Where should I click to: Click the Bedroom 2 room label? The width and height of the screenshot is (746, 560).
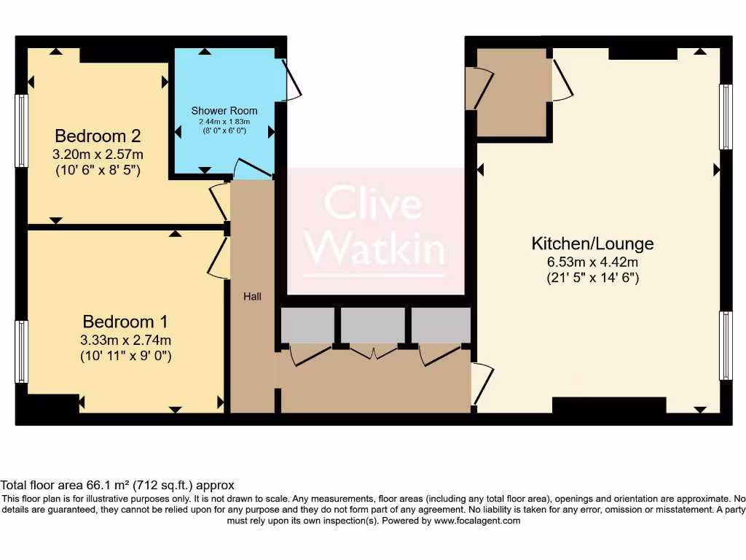pos(98,136)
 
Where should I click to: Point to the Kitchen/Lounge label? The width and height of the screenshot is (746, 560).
pos(592,244)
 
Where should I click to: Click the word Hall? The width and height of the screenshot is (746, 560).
pos(252,297)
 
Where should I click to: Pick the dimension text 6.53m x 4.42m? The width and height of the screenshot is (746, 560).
pos(592,262)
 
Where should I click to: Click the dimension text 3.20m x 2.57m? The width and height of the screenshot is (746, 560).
pos(98,155)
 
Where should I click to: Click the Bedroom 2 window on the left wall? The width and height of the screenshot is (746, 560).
pos(22,131)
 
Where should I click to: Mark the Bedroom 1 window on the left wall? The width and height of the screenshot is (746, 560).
pos(22,351)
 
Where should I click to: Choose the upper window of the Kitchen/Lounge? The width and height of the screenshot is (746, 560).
pos(726,117)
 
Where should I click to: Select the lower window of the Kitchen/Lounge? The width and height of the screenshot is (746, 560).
pos(726,345)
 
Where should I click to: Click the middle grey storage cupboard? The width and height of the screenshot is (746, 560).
pos(373,325)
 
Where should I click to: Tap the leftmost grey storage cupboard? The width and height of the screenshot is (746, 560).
pos(307,325)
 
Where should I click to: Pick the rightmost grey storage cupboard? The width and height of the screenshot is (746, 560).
pos(441,325)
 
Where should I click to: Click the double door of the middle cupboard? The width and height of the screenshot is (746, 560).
pos(373,353)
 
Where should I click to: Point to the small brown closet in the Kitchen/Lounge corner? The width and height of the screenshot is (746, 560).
pos(513,93)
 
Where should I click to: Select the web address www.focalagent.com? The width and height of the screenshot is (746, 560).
pos(476,521)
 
